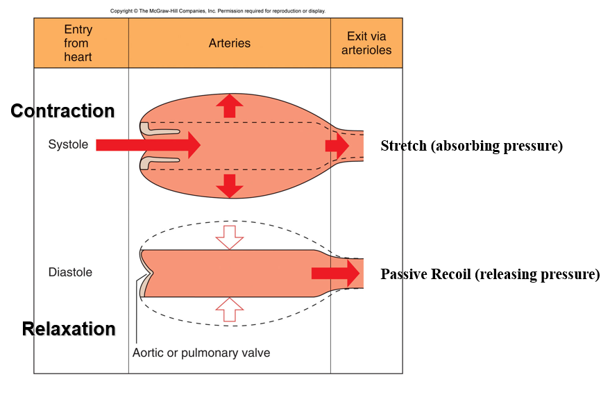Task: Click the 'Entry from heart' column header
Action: coord(78,43)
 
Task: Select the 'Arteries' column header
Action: coord(229,43)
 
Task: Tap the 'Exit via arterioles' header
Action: coord(366,43)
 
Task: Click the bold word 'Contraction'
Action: coord(62,111)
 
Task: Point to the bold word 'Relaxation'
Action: coord(69,329)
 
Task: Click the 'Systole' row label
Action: coord(67,144)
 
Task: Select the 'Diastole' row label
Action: coord(70,272)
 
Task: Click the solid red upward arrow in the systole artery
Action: coord(229,106)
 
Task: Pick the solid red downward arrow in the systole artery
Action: coord(229,185)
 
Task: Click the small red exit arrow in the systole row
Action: coord(338,145)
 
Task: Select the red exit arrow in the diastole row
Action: coord(336,273)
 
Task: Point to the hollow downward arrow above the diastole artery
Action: coord(229,237)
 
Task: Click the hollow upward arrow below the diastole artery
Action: coord(229,310)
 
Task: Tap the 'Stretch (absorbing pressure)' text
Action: coord(471,146)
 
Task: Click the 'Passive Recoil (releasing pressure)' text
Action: coord(490,274)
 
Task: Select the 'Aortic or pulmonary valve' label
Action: coord(201,353)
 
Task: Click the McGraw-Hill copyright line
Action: coord(218,11)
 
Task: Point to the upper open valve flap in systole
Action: coord(160,129)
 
